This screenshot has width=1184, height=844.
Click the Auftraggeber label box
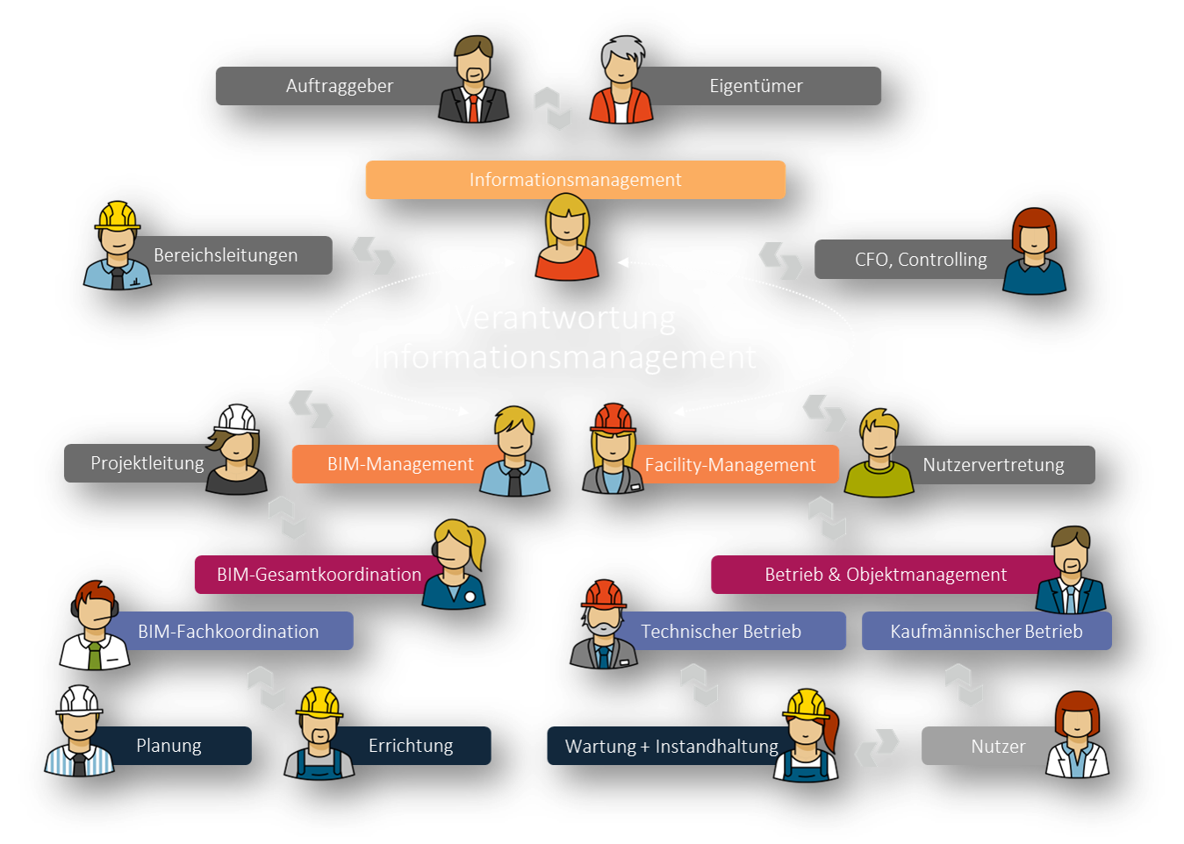coord(339,86)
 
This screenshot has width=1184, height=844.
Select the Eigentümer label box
coord(756,86)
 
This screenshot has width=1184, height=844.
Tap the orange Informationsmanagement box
coord(575,180)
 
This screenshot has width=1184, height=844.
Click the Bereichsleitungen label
coord(226,255)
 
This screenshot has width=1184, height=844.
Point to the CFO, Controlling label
coord(920,260)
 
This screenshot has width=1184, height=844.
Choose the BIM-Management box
coord(399,464)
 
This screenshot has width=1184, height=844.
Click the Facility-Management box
coord(730,465)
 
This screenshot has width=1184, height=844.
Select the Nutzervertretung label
coord(993,465)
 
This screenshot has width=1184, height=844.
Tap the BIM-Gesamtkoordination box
coord(319,575)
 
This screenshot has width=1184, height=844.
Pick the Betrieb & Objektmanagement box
coord(885,575)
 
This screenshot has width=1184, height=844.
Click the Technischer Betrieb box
coord(721,632)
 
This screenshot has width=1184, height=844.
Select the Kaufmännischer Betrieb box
coord(986,632)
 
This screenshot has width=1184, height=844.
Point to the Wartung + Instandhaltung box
coord(671,747)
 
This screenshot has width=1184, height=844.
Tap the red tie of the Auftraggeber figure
coord(474,108)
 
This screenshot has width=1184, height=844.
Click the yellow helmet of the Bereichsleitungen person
coord(118,216)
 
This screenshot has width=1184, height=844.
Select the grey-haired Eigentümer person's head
coord(621,59)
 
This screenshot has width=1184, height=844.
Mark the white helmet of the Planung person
coord(79,700)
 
